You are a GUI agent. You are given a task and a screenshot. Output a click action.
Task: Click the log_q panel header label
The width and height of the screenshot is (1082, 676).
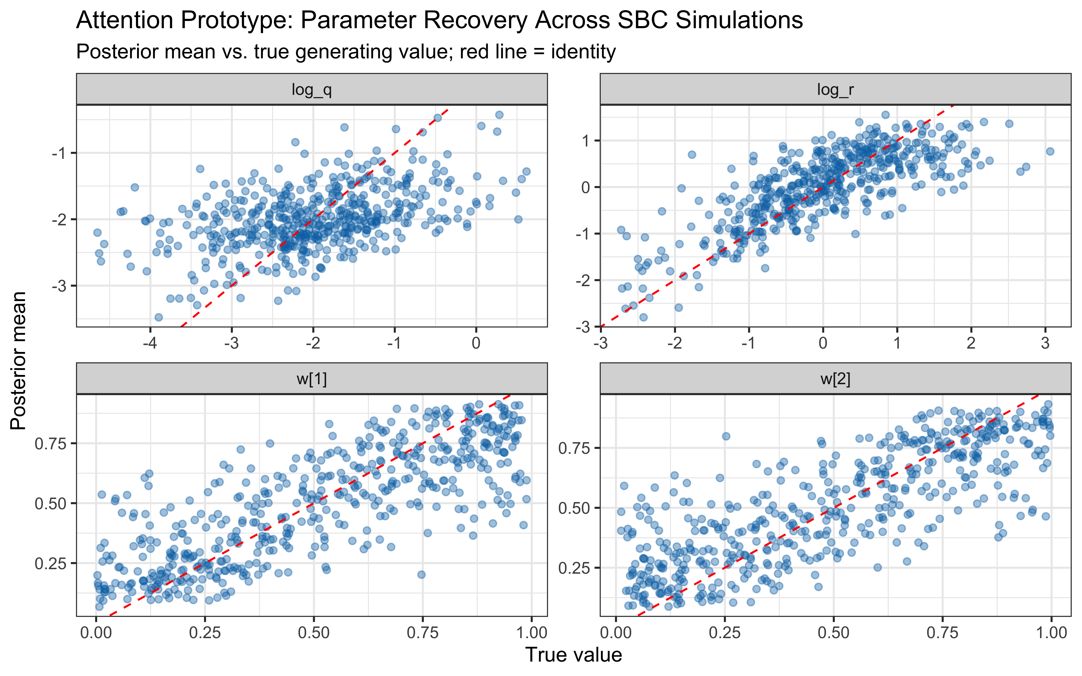click(312, 90)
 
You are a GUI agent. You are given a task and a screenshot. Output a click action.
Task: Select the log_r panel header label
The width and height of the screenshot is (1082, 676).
click(835, 90)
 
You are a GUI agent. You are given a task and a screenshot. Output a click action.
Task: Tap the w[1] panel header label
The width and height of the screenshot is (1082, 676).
click(312, 379)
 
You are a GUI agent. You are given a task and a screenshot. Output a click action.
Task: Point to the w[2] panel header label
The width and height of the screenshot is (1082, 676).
click(835, 379)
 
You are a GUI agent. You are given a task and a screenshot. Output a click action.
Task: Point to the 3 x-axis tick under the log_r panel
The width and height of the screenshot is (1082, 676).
click(1045, 343)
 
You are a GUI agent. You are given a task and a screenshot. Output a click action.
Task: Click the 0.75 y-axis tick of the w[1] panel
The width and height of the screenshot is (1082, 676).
click(50, 443)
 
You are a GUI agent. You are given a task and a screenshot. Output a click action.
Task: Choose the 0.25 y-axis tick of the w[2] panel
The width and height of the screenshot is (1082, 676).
click(575, 568)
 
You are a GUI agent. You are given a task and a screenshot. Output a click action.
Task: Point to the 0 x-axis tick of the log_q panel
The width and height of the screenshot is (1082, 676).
click(476, 343)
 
